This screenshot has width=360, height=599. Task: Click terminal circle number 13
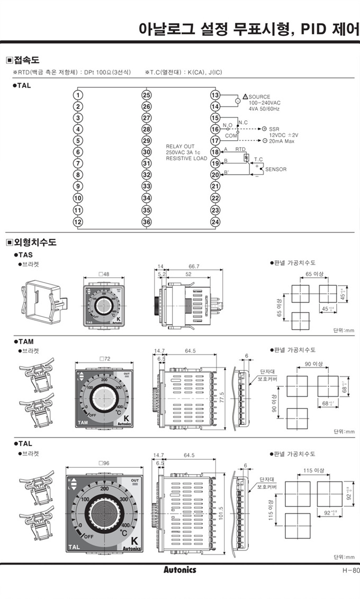coord(215,95)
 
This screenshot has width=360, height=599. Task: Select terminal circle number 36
coord(147,222)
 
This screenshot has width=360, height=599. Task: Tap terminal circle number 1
coord(78,95)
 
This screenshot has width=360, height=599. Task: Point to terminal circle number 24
coord(215,222)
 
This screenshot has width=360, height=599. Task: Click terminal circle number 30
coord(147,152)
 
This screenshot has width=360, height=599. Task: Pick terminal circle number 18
coord(215,152)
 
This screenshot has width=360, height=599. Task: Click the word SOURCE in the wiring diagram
coord(259,97)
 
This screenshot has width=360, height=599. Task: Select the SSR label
coord(274,129)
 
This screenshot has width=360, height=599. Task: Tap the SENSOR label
coord(275,169)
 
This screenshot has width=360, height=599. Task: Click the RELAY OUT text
coord(180,147)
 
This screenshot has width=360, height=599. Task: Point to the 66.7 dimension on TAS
coord(194,266)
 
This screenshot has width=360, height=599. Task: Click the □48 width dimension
coord(104,274)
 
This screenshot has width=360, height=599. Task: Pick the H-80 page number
coord(350,570)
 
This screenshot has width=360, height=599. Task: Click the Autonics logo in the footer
coord(179,570)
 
